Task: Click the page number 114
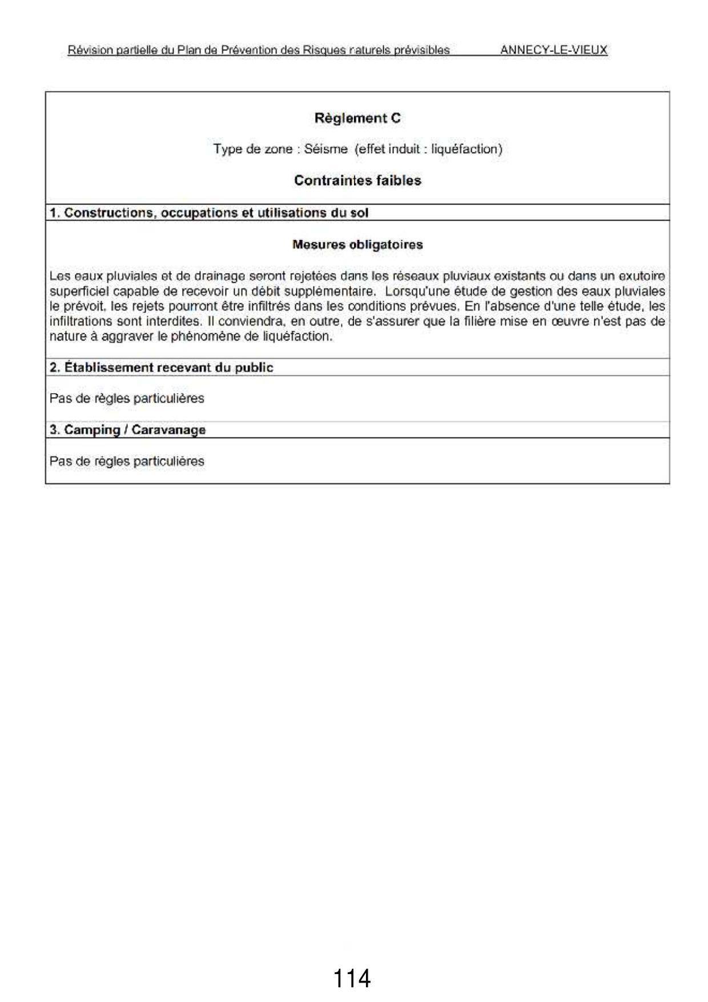coord(351,978)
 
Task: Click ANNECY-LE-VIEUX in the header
coord(553,50)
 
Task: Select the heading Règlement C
coord(357,118)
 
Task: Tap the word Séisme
coord(325,149)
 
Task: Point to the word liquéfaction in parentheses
coord(464,149)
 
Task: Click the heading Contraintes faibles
coord(357,181)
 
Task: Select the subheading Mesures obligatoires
coord(357,245)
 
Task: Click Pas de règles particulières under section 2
coord(127,398)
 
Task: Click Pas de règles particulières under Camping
coord(127,461)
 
